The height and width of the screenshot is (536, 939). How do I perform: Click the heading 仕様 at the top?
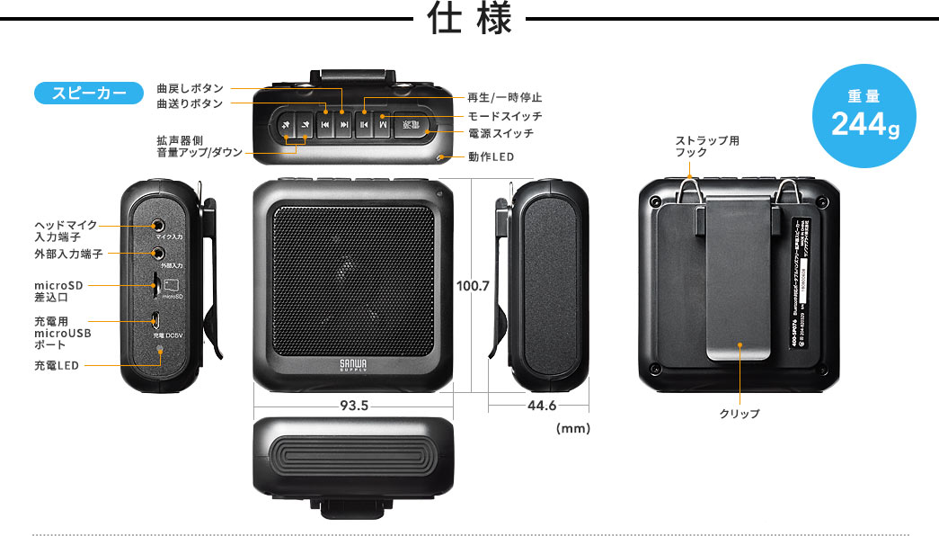(469, 20)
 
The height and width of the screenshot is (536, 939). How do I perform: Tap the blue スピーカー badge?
(88, 93)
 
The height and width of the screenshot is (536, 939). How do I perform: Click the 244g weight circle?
(864, 116)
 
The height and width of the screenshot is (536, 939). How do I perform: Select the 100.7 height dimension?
(473, 286)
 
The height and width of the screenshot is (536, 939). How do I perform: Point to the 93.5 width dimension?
(354, 406)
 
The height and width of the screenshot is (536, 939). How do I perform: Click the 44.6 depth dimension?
(541, 406)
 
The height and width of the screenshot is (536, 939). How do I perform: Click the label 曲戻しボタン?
(190, 88)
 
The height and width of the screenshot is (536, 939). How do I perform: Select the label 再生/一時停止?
(504, 97)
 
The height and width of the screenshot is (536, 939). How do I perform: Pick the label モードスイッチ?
(504, 116)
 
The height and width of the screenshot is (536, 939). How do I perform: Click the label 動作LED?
(491, 156)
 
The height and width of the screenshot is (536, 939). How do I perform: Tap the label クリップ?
(739, 414)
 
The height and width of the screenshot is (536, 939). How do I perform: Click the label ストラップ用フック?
(706, 147)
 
